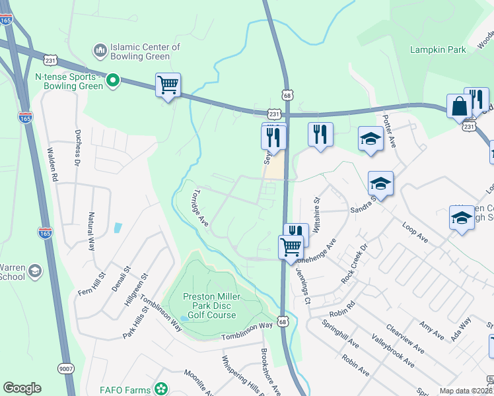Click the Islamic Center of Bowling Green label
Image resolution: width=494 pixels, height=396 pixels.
click(145, 52)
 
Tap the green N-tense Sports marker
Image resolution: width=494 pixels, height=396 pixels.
click(113, 81)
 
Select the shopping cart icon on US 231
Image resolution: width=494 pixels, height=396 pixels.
click(168, 85)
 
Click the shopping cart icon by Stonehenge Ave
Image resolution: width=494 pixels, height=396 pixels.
click(290, 248)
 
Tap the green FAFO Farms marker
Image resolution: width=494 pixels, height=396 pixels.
click(160, 389)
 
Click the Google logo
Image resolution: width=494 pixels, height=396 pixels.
click(22, 388)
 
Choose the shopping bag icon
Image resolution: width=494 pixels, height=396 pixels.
click(458, 107)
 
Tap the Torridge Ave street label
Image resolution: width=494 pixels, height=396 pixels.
click(198, 209)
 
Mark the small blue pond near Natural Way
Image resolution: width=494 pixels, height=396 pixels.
click(118, 228)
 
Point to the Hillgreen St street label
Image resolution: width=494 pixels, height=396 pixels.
click(134, 294)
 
